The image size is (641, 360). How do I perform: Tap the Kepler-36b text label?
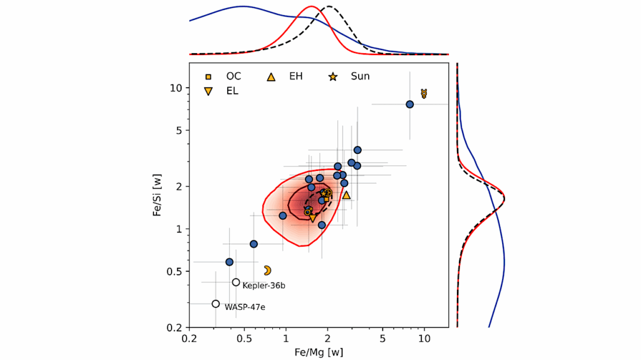pos(264,286)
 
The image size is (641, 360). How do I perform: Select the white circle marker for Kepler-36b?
pos(236,282)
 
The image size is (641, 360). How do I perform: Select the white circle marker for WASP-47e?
pos(216,304)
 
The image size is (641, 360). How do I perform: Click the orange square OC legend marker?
pos(208,77)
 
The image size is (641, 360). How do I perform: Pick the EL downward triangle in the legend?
pos(208,91)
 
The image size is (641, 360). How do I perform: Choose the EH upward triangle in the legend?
pos(271,77)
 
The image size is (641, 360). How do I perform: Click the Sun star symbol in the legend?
pos(332,77)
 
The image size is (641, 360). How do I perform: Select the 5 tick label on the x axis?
pos(382,338)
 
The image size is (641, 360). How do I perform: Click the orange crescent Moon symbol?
pos(267,270)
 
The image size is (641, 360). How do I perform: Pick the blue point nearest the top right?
pos(410,105)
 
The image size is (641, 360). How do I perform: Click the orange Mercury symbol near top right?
pos(424,93)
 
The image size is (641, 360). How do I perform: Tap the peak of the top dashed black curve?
pos(330,8)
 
